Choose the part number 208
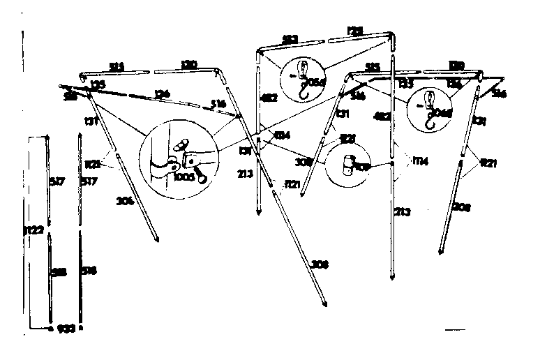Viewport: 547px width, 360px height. (x=460, y=207)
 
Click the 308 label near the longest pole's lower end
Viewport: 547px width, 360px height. (x=320, y=264)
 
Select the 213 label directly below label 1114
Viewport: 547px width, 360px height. (x=403, y=211)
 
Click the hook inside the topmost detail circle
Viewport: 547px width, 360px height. (x=302, y=78)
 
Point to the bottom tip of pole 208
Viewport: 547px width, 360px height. (x=440, y=252)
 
